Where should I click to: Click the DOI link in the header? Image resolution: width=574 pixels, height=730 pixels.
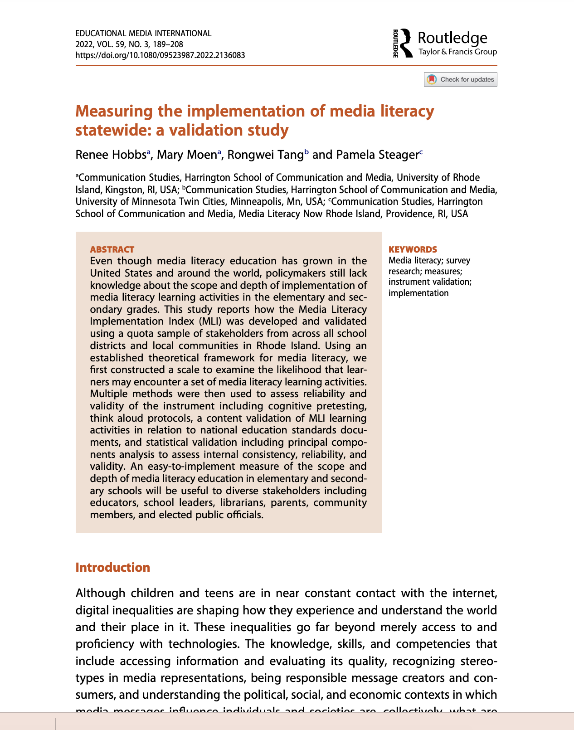[x=160, y=55]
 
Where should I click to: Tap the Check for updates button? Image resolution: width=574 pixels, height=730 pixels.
[x=461, y=79]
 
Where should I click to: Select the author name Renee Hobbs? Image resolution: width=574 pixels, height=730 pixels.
[x=110, y=155]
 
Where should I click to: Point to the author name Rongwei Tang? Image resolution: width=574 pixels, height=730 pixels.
[x=265, y=155]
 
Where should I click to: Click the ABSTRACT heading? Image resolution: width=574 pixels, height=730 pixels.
[x=112, y=249]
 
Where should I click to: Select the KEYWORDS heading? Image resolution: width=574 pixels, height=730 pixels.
[x=413, y=249]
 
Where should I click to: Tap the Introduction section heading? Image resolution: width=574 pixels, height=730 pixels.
[x=112, y=568]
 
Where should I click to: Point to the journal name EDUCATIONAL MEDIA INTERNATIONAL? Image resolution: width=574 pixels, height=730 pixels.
[x=143, y=34]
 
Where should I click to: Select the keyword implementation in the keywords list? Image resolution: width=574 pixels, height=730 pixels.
[x=418, y=293]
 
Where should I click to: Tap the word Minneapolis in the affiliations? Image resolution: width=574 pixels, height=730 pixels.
[x=254, y=201]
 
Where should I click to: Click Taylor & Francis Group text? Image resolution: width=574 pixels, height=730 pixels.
[x=457, y=52]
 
